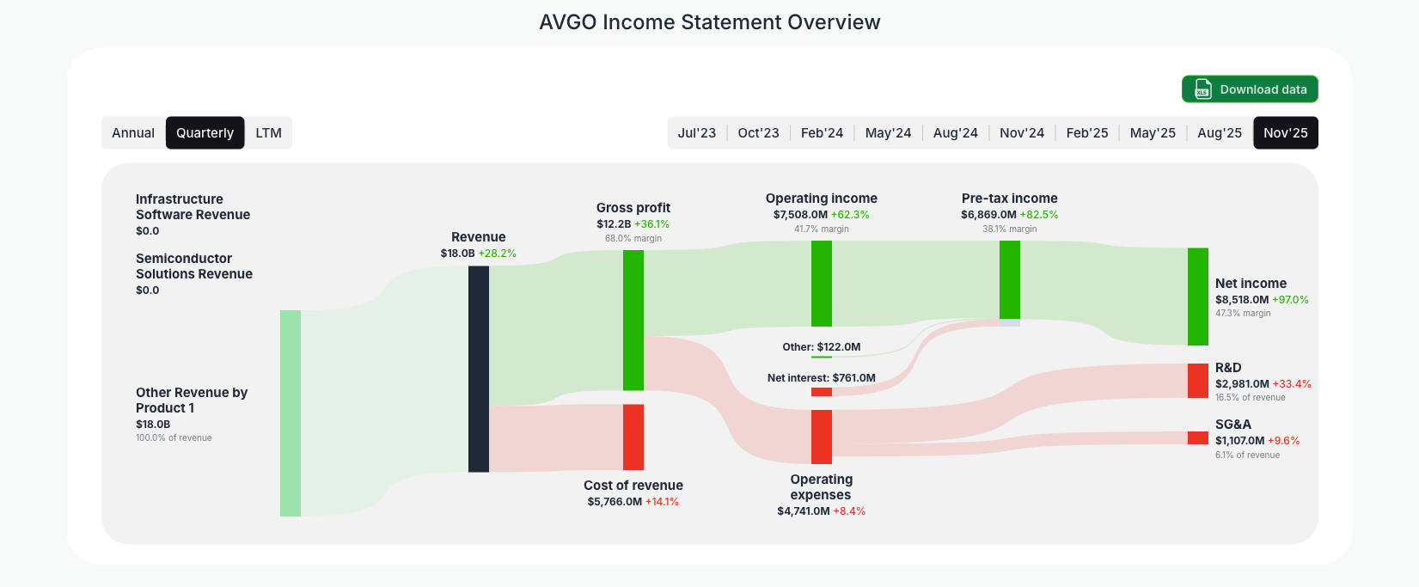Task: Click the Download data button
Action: click(x=1250, y=89)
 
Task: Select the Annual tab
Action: click(x=133, y=133)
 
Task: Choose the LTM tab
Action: click(x=268, y=133)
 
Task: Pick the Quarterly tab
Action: click(x=205, y=133)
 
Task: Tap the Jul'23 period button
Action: click(x=696, y=133)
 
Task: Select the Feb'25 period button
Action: click(x=1086, y=133)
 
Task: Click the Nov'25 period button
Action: click(x=1285, y=133)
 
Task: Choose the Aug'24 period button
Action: click(x=955, y=133)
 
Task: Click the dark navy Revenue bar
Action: click(x=479, y=369)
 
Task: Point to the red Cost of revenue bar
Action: click(x=633, y=437)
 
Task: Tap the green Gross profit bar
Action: click(x=633, y=320)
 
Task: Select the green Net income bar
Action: click(x=1197, y=297)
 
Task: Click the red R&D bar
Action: click(x=1197, y=381)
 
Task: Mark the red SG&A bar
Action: click(x=1197, y=437)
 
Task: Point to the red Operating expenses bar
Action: click(x=822, y=437)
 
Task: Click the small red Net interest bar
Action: click(x=822, y=392)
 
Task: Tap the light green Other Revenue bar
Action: click(x=291, y=413)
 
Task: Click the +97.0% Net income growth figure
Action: click(x=1290, y=300)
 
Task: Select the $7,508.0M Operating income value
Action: click(x=800, y=215)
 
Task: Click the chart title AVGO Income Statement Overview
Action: click(x=709, y=22)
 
